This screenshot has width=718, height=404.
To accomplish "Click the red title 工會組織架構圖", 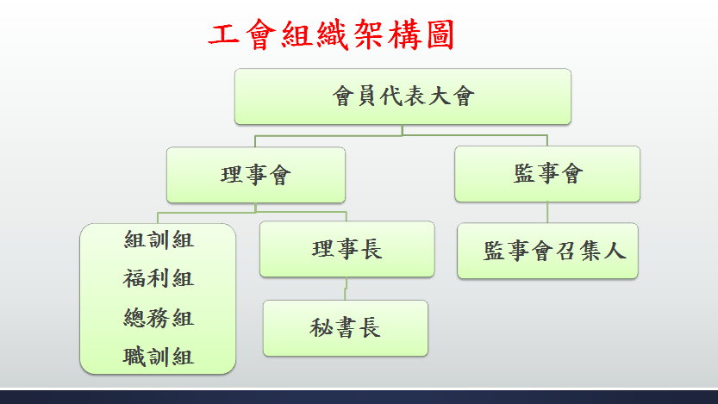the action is coord(331,34).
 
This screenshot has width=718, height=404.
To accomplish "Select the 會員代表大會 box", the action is coord(403,96).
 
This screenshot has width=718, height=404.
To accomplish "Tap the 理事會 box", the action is coord(255,175).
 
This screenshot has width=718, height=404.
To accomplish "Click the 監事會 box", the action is coord(547,174).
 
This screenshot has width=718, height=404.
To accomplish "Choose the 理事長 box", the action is coord(347,249).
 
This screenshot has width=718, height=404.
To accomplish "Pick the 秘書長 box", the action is coord(346,328).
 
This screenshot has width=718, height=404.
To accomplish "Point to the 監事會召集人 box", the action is coord(547,251).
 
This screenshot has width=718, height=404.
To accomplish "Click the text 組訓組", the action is coord(159,239).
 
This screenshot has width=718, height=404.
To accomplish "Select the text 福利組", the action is coord(159,278).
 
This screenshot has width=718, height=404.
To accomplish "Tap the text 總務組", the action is coord(159,318).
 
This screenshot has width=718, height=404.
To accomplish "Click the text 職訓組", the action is coord(159,357).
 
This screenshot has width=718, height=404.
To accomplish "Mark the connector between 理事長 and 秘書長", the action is coord(346,289).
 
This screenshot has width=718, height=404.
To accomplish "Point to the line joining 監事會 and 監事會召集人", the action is coord(547,212).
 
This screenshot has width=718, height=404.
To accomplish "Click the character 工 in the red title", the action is coord(224,34).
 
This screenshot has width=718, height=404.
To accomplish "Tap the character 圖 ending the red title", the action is coord(440,34).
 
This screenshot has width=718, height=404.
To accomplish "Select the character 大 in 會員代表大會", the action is coord(439,96).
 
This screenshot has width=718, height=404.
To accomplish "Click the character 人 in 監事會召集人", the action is coord(615,251).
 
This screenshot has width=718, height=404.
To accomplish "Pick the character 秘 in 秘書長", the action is coord(320,328).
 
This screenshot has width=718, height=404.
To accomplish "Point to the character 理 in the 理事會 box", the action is coord(231,175).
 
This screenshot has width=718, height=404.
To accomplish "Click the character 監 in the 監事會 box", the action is coord(524,174).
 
